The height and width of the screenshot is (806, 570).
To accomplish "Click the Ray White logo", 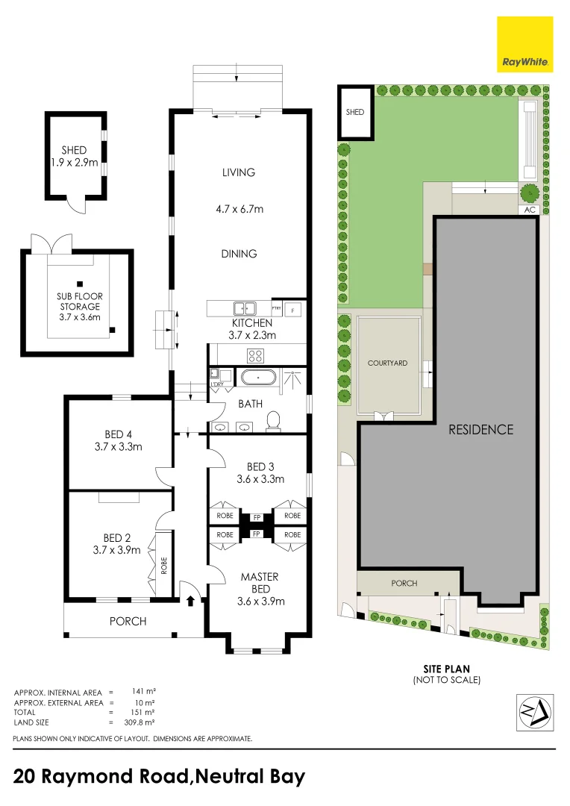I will coord(525,45).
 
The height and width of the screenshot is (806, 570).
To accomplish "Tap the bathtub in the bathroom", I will coord(258,378).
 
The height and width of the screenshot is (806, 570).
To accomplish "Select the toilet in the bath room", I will coord(273,422).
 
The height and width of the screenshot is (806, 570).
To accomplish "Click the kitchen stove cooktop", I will coord(257,355).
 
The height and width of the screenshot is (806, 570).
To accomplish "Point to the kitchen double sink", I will coord(244,307).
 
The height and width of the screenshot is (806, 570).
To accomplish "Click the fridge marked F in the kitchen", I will coord(293,309).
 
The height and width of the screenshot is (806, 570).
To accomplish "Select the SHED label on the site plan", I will coord(354,113).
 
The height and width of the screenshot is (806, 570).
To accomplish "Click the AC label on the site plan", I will coord(530,210).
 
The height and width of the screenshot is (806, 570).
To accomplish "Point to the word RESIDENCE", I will coord(480,429).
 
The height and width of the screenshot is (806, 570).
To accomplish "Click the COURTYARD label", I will coord(387,363).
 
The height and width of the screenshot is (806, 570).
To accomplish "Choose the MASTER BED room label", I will coord(260,583).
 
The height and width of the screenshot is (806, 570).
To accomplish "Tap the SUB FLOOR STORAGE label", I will coord(79,302).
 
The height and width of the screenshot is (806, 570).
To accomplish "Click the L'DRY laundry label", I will coord(218,384).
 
